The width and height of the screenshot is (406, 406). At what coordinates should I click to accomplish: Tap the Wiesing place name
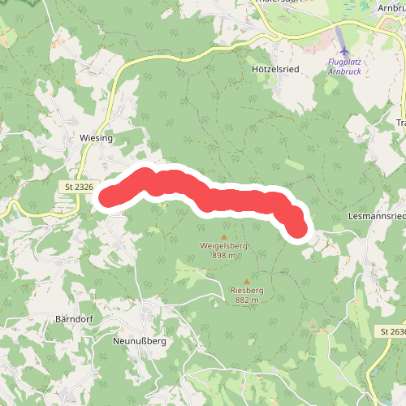point(96,139)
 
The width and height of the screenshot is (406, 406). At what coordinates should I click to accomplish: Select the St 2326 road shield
point(78,188)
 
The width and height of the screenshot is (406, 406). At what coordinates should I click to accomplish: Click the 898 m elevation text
point(223,255)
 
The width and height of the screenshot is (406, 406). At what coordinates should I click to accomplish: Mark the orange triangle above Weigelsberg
point(224,235)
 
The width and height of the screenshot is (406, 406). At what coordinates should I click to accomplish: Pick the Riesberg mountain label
point(247,290)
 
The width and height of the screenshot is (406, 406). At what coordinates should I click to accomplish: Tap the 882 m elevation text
point(247,300)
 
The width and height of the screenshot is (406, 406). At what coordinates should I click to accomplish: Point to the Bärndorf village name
point(75,318)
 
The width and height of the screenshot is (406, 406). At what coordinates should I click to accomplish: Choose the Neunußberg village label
point(139,342)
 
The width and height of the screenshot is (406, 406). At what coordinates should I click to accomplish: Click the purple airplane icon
point(345,52)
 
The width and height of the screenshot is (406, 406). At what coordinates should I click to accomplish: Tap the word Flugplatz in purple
point(344,62)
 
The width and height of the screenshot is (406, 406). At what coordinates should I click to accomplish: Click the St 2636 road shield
point(391,333)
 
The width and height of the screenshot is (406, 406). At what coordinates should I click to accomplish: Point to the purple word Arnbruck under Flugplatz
point(344,71)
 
